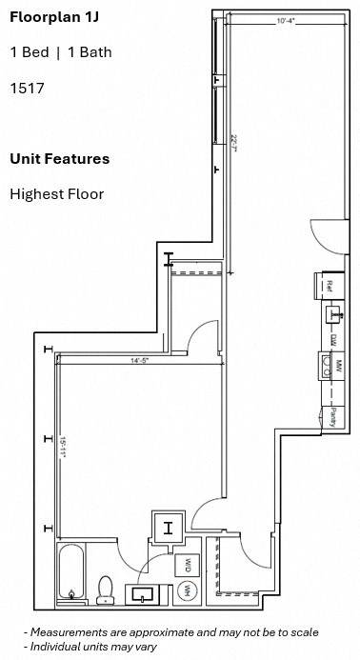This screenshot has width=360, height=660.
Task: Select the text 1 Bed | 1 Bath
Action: pos(60,52)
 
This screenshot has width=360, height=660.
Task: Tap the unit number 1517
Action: pos(28,89)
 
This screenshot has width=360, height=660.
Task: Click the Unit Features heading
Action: pos(59,159)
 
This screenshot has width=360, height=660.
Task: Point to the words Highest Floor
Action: pos(56,194)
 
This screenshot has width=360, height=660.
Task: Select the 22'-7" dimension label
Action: pos(233,144)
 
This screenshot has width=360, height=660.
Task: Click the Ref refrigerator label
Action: pos(329,284)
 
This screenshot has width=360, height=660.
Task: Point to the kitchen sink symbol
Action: pos(333,313)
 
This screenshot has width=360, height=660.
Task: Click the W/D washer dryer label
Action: pos(188,565)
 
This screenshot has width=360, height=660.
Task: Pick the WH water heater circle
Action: pos(187,591)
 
